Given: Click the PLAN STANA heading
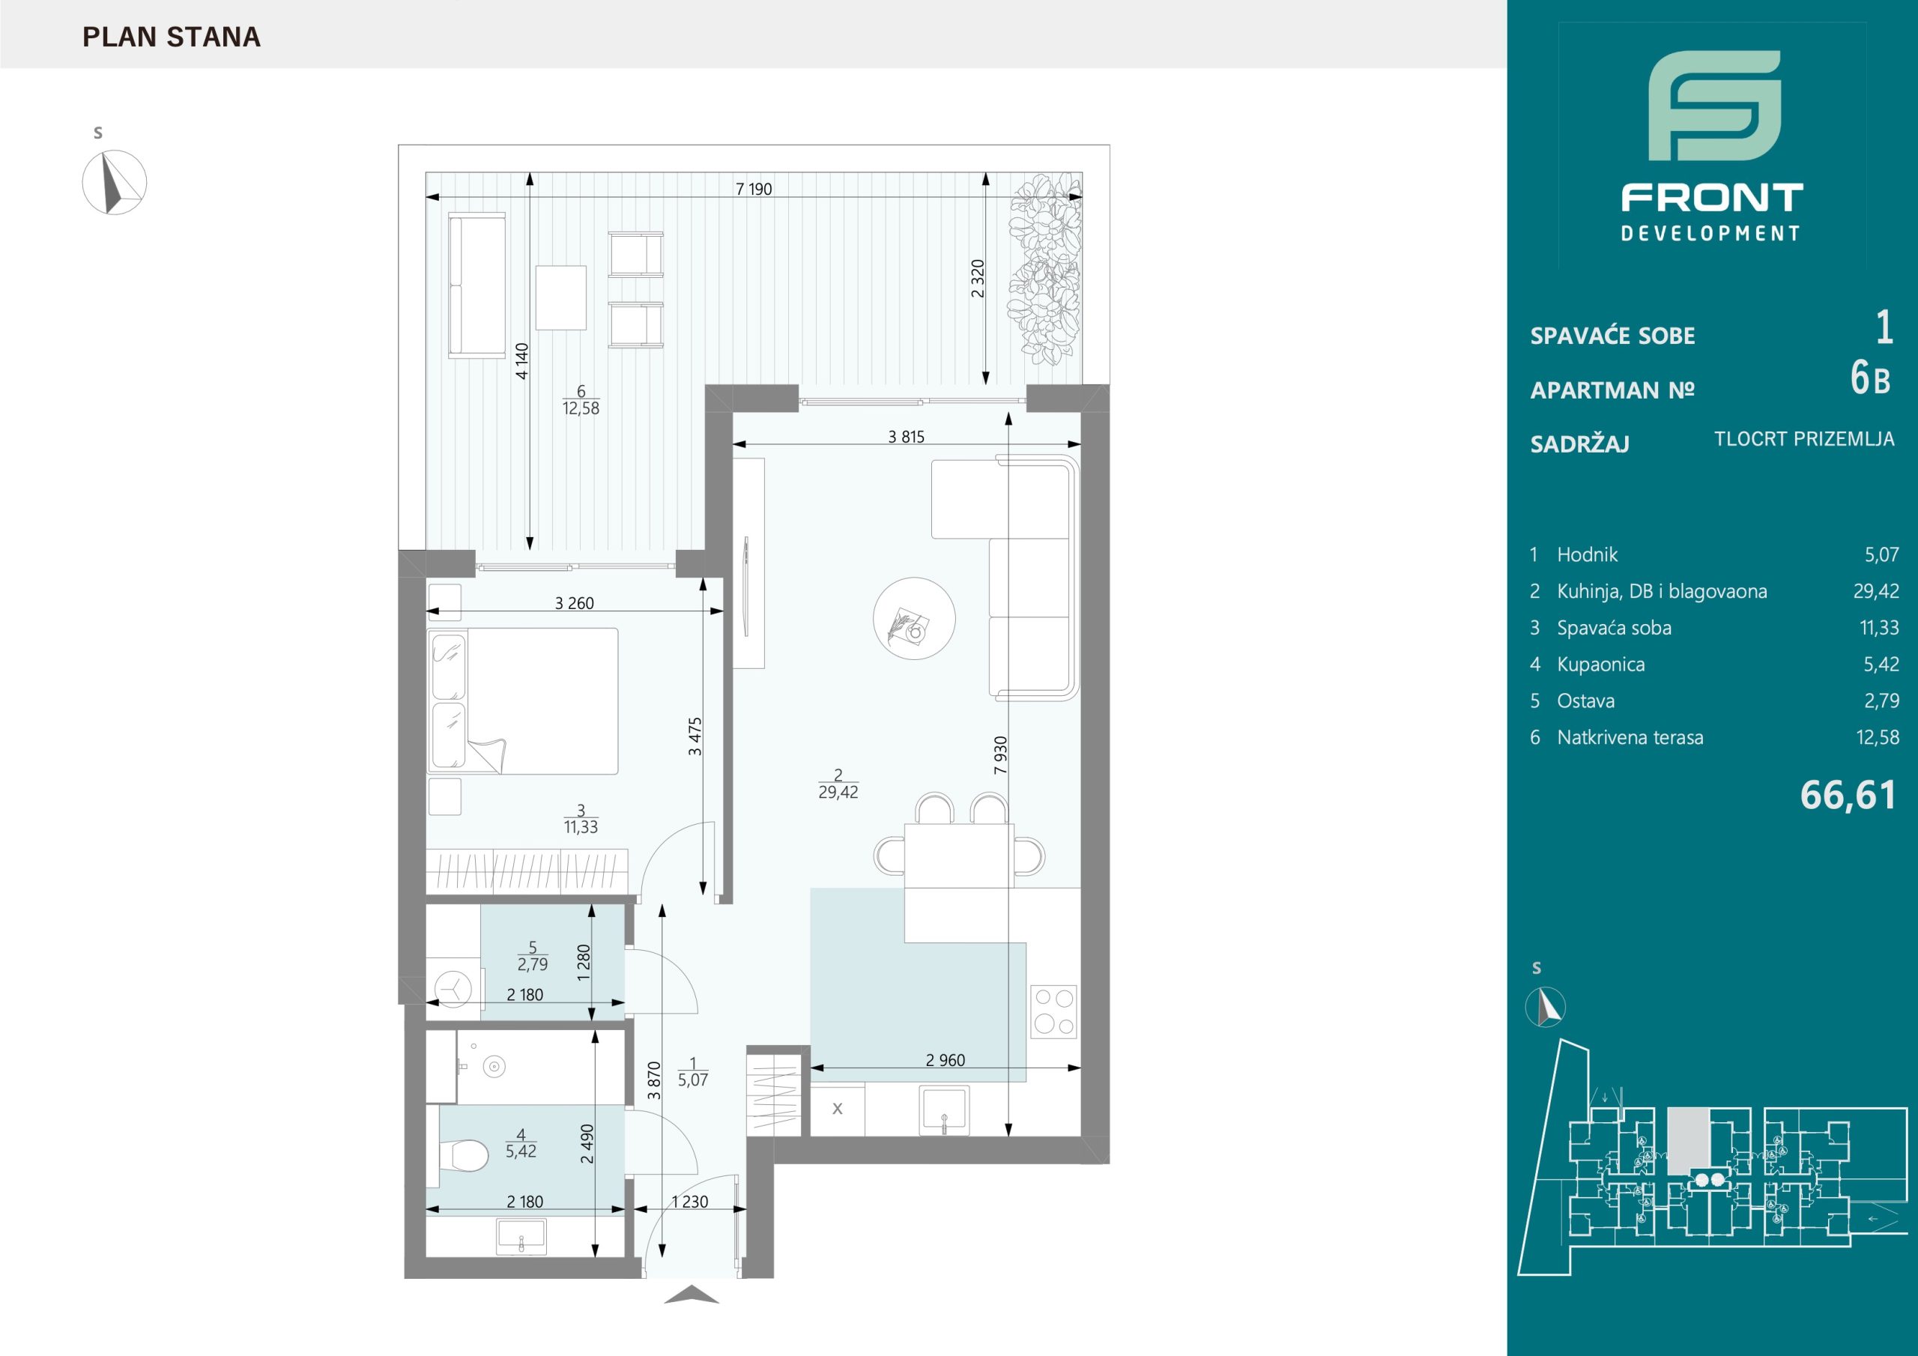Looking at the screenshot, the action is click(172, 37).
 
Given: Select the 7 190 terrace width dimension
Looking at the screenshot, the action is click(754, 189).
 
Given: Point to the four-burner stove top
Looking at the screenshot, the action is click(1053, 1012).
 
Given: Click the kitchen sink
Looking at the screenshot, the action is click(944, 1110).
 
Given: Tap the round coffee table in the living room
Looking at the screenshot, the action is click(914, 619).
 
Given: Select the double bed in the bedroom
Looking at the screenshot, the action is click(523, 701).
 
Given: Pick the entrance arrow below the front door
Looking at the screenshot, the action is click(691, 1296).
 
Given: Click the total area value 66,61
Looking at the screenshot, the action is click(1848, 795).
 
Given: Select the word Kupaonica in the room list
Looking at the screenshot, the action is click(1600, 665).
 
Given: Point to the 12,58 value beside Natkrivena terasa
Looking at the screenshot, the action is click(1877, 737).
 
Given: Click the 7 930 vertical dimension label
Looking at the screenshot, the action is click(1001, 754).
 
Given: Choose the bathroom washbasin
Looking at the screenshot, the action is click(521, 1238).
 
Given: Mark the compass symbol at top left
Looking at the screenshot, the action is click(115, 182).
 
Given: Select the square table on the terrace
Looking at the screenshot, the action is click(560, 297).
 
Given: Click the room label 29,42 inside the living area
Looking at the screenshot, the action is click(838, 792).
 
